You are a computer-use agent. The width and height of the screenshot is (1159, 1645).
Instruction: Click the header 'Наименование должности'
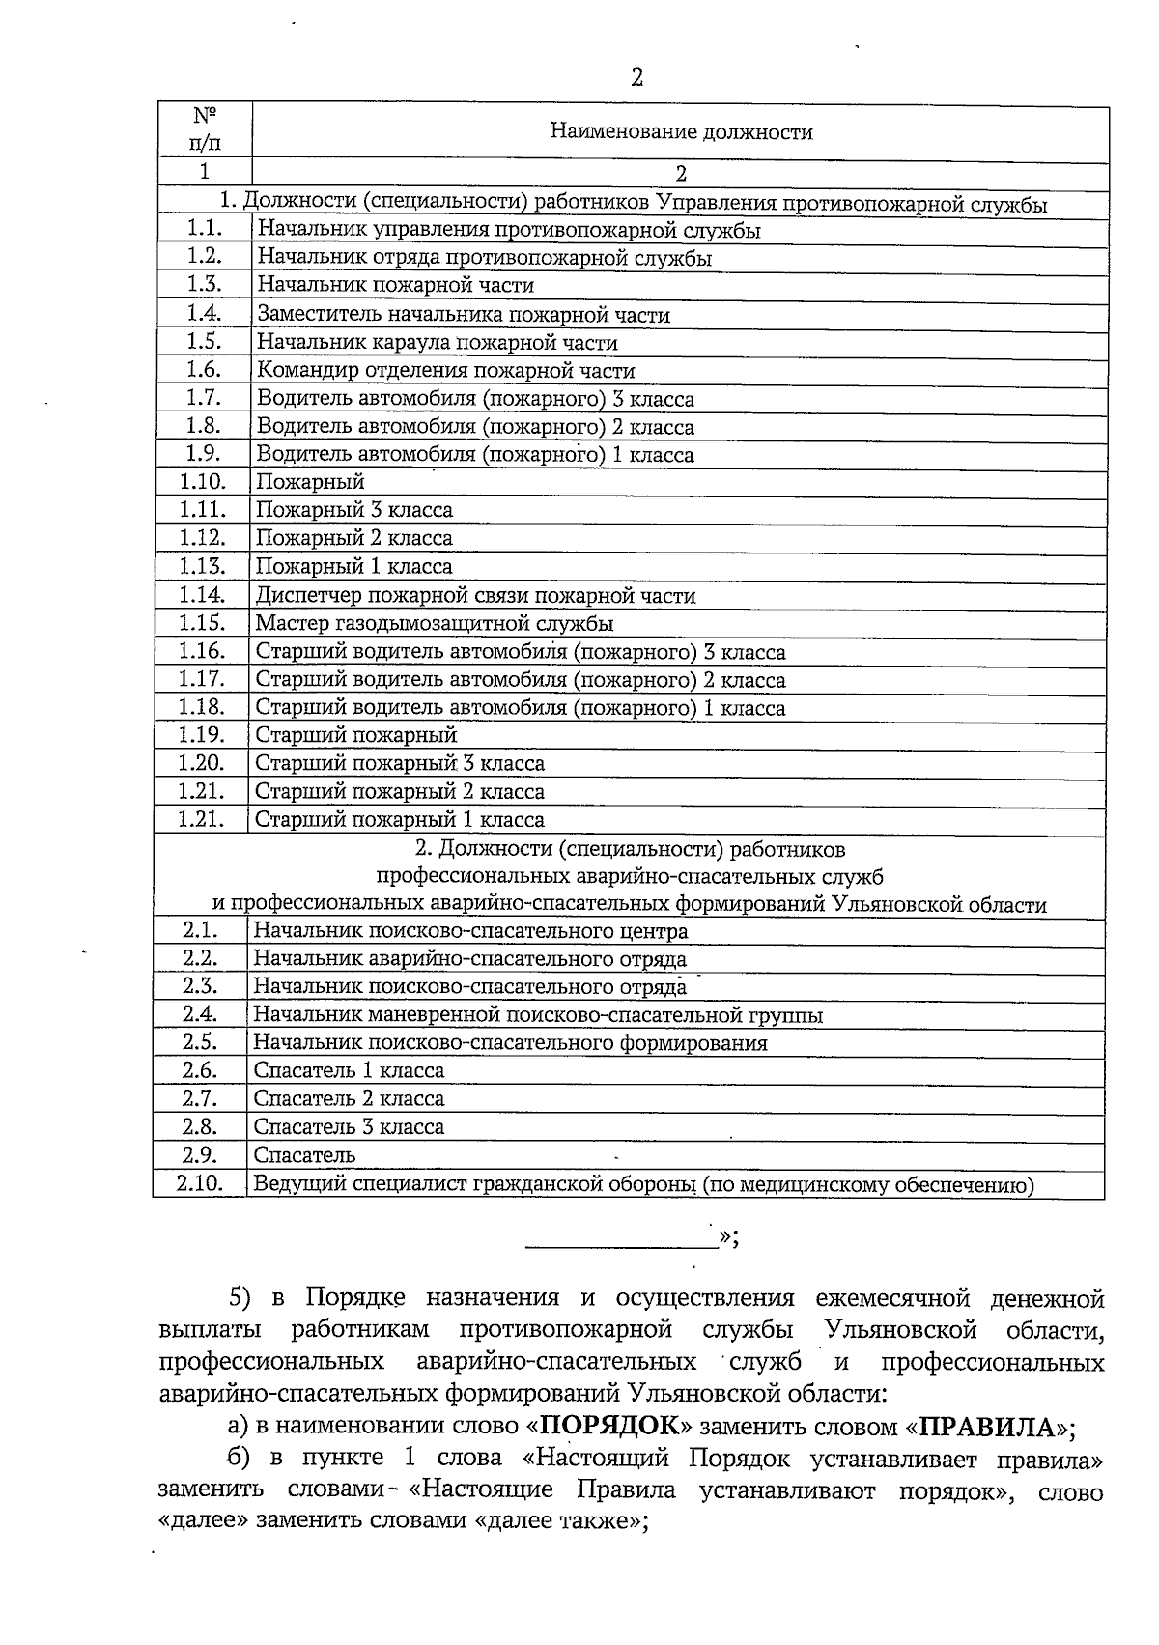(x=681, y=132)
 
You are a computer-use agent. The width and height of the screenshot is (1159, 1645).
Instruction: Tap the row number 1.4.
(x=205, y=313)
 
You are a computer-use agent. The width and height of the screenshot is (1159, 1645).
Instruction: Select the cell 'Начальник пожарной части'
(x=395, y=285)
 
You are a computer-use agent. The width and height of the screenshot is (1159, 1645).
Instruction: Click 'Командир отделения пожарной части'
(x=445, y=370)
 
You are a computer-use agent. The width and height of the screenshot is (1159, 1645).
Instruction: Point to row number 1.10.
(x=203, y=481)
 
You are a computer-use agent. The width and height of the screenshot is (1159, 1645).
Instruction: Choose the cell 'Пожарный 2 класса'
(x=353, y=538)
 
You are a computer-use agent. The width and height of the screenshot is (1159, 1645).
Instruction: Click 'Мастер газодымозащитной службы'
(x=434, y=624)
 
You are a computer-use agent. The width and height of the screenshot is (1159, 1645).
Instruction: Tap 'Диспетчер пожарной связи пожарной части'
(x=475, y=596)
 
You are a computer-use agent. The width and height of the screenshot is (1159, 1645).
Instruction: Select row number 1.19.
(x=203, y=735)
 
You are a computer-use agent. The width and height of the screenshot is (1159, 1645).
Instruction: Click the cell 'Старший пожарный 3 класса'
(x=400, y=764)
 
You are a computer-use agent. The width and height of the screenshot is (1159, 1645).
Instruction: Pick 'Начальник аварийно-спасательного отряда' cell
(x=469, y=959)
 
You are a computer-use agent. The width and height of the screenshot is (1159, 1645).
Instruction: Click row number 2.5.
(x=200, y=1042)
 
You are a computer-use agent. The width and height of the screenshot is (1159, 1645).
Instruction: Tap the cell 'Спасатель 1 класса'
(x=349, y=1070)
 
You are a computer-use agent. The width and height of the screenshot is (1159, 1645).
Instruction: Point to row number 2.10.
(x=200, y=1183)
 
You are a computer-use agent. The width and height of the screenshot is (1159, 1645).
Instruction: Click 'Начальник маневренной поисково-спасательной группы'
(x=538, y=1015)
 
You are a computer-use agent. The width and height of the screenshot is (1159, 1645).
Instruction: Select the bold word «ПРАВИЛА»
(x=989, y=1427)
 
